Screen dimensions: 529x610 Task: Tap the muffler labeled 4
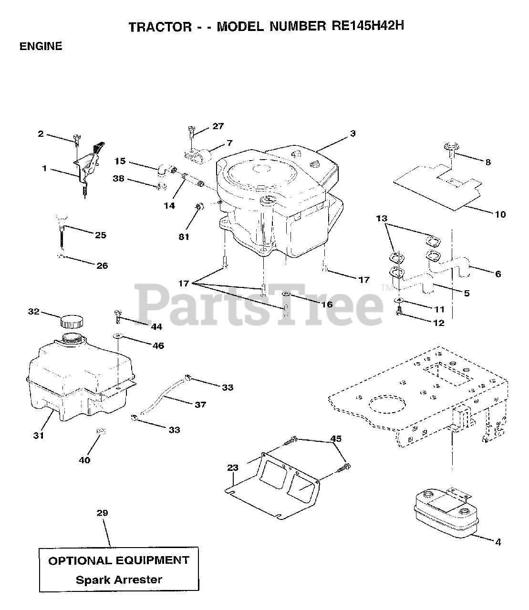click(444, 516)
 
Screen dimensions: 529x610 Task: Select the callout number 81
click(184, 236)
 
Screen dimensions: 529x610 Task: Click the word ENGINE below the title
click(41, 46)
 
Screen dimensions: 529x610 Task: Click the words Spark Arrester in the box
click(119, 580)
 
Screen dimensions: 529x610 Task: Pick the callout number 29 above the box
click(102, 513)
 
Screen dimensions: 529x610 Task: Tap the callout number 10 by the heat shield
click(499, 214)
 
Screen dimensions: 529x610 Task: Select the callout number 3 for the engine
click(353, 133)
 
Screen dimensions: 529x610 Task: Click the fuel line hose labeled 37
click(162, 396)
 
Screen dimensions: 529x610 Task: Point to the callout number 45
click(336, 438)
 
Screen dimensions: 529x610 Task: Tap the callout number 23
click(232, 468)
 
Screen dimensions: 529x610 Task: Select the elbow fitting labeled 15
click(165, 169)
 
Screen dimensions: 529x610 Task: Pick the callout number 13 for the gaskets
click(381, 218)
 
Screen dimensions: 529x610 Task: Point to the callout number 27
click(218, 126)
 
